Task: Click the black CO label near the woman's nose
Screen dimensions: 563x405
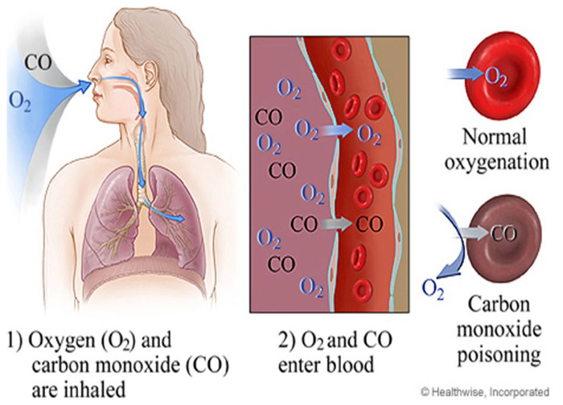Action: [38, 62]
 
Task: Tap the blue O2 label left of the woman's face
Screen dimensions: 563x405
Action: [19, 101]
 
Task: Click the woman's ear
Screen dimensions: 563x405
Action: [149, 74]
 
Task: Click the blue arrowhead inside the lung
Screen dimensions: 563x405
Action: [179, 217]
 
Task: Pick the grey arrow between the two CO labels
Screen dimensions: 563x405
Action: [336, 224]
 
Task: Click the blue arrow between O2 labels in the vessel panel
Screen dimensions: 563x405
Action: [336, 130]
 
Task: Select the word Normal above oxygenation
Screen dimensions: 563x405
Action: [495, 137]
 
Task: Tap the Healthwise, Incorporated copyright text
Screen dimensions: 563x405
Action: [485, 391]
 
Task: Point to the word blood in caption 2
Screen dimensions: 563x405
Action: [351, 365]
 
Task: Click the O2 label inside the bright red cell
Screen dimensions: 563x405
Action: [496, 77]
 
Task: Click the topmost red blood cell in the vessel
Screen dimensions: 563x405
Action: [341, 50]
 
